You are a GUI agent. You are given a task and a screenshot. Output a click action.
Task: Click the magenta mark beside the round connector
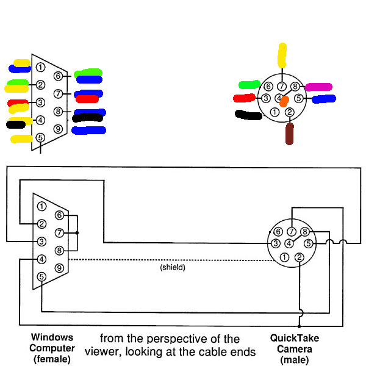click(318, 87)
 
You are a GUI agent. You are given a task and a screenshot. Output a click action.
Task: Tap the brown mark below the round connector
click(290, 134)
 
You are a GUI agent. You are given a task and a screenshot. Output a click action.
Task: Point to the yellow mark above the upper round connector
click(281, 55)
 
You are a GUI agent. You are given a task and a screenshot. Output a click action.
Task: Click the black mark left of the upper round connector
click(248, 114)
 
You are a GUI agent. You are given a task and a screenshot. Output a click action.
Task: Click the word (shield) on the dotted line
click(173, 267)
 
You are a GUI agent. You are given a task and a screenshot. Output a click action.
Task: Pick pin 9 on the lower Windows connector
click(59, 267)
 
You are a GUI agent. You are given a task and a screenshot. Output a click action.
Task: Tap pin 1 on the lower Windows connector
click(41, 206)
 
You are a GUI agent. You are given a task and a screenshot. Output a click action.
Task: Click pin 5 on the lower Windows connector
click(41, 276)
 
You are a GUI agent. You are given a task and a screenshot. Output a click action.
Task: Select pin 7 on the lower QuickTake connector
click(292, 231)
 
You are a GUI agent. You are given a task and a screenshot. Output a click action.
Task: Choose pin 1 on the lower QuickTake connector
click(285, 257)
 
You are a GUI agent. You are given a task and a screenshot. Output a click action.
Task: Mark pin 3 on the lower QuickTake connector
click(276, 244)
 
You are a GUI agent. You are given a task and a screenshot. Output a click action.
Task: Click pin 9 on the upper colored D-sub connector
click(58, 129)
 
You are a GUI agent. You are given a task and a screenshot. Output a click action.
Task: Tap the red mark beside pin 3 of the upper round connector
click(244, 98)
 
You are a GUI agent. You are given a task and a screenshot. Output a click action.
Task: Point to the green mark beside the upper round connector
click(249, 84)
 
